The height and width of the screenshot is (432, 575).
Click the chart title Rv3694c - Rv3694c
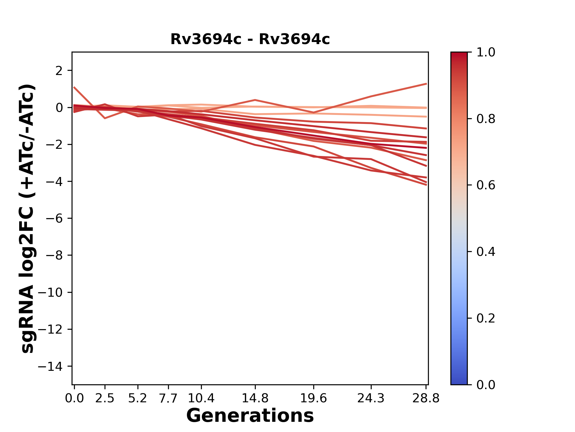coord(250,39)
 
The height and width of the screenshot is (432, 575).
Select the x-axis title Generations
coord(250,416)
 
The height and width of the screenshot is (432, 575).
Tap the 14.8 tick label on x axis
coord(255,398)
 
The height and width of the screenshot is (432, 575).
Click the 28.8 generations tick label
coord(426,398)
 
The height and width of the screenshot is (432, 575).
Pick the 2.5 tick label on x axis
coord(105,398)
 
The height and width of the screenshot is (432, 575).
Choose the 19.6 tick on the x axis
coord(314,398)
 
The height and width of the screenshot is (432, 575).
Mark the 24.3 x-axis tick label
coord(371,398)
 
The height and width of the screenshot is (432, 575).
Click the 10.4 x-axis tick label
coord(201,398)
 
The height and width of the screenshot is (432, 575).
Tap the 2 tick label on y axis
coord(59,71)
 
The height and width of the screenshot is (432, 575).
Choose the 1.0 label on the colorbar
coord(486,52)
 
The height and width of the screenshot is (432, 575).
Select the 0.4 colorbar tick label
coord(486,252)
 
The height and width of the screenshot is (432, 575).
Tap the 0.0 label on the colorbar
coord(486,385)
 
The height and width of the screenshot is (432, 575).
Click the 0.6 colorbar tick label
coord(486,185)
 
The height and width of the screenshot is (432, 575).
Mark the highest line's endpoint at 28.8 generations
coord(426,84)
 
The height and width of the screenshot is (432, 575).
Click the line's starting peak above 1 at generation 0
coord(74,87)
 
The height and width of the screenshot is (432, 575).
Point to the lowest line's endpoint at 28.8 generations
coord(426,185)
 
